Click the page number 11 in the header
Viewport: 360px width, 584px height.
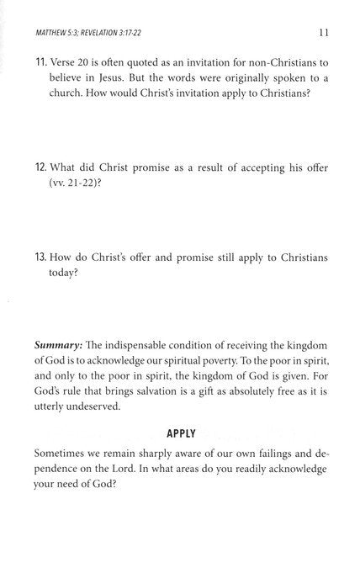[x=323, y=33]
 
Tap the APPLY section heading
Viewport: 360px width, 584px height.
[x=181, y=433]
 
